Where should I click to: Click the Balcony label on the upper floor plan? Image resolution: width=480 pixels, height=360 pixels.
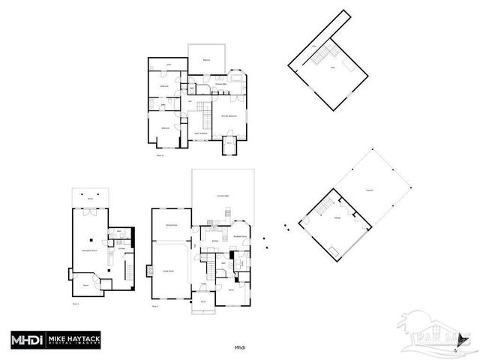pyautogui.click(x=205, y=60)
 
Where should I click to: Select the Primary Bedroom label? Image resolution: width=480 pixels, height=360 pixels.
pyautogui.click(x=229, y=116)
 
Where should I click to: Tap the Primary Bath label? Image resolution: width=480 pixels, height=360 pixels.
pyautogui.click(x=223, y=85)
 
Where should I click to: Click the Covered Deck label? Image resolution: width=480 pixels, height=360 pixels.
pyautogui.click(x=223, y=196)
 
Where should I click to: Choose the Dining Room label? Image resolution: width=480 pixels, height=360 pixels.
pyautogui.click(x=171, y=225)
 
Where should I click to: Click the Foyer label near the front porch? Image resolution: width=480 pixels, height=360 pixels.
pyautogui.click(x=204, y=284)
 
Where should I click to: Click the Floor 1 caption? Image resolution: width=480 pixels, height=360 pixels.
pyautogui.click(x=75, y=304)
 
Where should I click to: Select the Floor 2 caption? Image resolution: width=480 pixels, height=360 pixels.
pyautogui.click(x=156, y=307)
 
